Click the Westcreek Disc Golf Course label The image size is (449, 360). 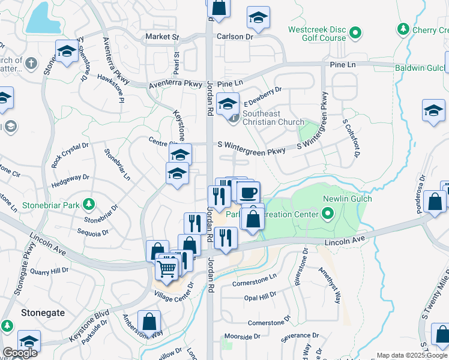(317, 34)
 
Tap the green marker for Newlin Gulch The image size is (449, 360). (328, 212)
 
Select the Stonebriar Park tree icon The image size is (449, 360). (88, 205)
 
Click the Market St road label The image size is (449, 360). (163, 37)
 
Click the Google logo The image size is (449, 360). (20, 353)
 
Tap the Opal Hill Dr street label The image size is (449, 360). (260, 295)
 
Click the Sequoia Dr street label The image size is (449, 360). (92, 232)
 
